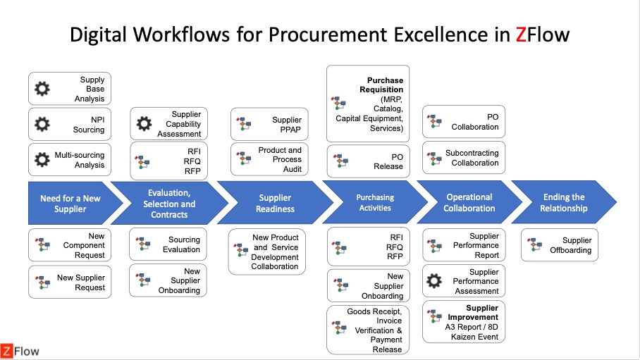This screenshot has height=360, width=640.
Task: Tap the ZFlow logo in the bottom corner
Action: pos(20,350)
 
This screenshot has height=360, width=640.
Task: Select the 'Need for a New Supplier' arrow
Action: pos(69,204)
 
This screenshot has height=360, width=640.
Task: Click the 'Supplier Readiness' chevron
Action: pos(274,204)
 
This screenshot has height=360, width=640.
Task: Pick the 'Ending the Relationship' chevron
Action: pos(563,203)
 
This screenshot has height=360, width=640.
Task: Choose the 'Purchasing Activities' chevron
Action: pos(375,203)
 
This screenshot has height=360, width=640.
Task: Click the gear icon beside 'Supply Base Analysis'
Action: pos(42,89)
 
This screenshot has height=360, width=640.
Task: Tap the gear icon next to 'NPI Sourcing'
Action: pos(42,125)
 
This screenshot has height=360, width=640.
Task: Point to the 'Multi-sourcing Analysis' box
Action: pos(70,160)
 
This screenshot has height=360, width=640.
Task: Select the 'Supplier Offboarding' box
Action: pos(560,244)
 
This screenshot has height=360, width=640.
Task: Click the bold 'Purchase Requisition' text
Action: pos(385,85)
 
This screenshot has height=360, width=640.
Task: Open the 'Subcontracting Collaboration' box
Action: pos(464,158)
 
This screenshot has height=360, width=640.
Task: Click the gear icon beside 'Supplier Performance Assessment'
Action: pos(435,281)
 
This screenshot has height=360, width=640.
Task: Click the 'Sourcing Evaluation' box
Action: pos(168,244)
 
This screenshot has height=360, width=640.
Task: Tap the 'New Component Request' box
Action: pos(70,245)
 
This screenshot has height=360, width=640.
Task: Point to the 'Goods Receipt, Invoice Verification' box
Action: pos(375,330)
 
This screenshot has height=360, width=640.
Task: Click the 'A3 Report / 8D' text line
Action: pos(472,327)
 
